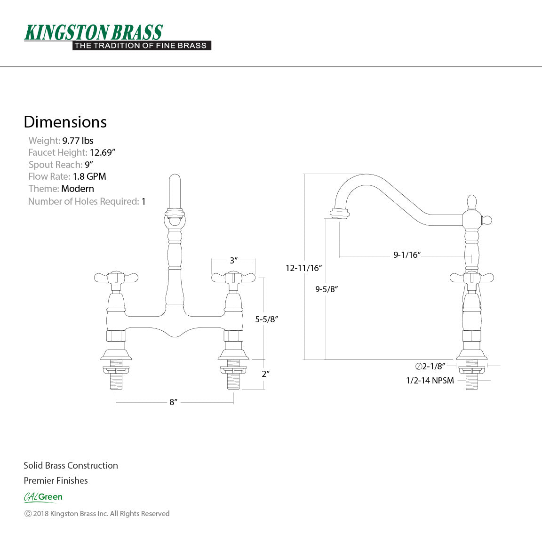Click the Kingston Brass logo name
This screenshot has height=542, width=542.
click(93, 32)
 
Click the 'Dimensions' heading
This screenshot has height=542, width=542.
click(65, 122)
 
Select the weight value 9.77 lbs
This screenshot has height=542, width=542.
click(78, 141)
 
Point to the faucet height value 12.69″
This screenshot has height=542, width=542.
click(103, 152)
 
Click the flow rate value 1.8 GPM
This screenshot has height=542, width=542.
click(89, 176)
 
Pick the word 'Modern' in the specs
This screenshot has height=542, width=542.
click(78, 189)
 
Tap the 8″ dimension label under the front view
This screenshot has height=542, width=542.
click(174, 402)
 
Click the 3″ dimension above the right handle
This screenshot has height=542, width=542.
click(233, 260)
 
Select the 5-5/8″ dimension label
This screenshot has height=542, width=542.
click(267, 319)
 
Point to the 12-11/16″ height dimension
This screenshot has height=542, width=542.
click(303, 268)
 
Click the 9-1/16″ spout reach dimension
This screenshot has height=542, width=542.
click(407, 255)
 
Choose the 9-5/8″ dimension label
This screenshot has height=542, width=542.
click(327, 289)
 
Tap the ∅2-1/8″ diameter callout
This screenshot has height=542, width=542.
click(430, 366)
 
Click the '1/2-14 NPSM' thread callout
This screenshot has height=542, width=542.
click(430, 380)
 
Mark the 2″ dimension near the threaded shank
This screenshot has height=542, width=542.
click(266, 374)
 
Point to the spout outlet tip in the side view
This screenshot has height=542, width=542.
click(340, 214)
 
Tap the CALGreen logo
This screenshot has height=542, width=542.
click(43, 497)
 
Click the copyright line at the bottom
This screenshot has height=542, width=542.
click(96, 514)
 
